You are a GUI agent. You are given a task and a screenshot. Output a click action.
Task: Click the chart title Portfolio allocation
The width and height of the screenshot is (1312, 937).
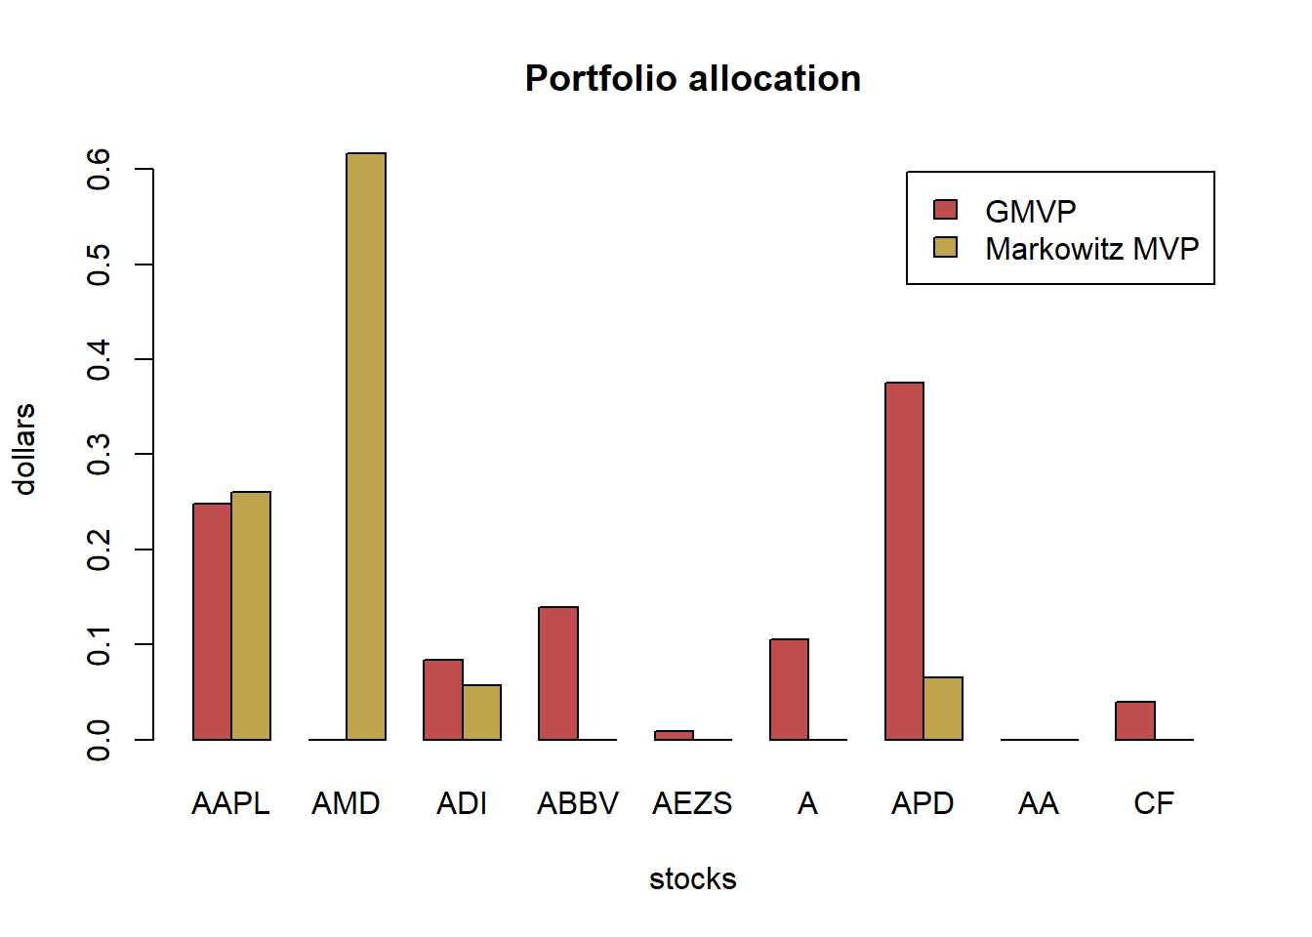click(x=692, y=79)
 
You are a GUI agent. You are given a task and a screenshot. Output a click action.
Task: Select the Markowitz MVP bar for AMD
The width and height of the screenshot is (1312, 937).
click(x=366, y=446)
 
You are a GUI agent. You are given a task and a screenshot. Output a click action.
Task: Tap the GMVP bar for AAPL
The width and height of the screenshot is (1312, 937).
click(x=212, y=622)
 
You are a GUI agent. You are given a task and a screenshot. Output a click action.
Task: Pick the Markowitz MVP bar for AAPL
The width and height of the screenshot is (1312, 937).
click(x=251, y=616)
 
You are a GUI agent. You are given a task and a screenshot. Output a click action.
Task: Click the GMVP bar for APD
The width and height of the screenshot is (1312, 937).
click(x=904, y=561)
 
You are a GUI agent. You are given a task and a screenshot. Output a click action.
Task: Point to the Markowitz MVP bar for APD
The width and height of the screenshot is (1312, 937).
click(x=943, y=709)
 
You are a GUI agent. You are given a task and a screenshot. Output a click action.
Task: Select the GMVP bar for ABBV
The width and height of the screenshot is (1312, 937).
click(x=558, y=673)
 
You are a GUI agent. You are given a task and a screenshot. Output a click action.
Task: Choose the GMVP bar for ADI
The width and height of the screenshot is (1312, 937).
click(x=443, y=700)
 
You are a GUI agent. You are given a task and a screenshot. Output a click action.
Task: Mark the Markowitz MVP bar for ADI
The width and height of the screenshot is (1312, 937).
click(x=481, y=713)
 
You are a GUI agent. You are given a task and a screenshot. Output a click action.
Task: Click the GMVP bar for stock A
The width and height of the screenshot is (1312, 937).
click(x=789, y=689)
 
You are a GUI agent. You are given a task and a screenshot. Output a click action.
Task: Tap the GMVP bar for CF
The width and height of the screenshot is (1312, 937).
click(x=1135, y=720)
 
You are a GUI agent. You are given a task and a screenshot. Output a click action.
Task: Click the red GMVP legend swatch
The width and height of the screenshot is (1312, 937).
click(x=945, y=210)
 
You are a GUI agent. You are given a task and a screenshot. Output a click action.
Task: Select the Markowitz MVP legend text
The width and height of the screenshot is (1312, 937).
click(x=1091, y=249)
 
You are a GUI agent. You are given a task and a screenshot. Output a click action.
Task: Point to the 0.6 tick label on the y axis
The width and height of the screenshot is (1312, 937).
click(x=99, y=169)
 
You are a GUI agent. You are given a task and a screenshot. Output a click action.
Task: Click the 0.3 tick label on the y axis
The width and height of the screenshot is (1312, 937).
click(x=99, y=455)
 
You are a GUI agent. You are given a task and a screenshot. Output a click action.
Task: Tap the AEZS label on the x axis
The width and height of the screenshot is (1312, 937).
click(x=692, y=803)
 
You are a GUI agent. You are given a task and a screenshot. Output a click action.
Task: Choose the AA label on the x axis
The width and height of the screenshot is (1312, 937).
click(x=1038, y=803)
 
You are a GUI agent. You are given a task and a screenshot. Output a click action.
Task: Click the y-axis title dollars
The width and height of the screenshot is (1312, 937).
click(x=24, y=449)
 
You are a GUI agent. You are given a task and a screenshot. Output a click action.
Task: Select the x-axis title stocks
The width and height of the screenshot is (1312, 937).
click(x=692, y=878)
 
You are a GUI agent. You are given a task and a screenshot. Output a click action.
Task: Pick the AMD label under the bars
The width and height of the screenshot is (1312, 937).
click(x=346, y=803)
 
